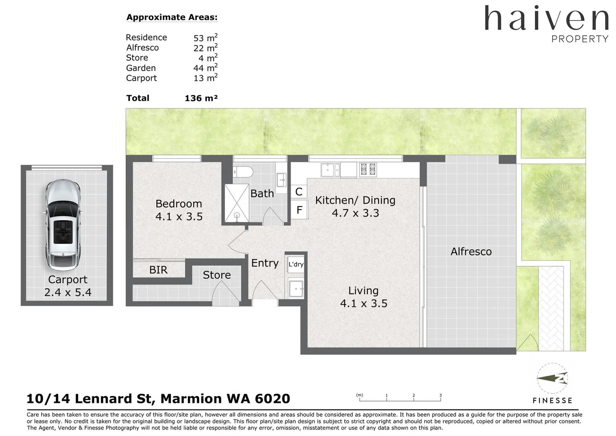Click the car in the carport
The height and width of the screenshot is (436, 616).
(x=63, y=225)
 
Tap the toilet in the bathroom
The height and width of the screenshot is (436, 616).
(x=243, y=172)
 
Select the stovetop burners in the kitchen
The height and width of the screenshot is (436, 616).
(x=368, y=170)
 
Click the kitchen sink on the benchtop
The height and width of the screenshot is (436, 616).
(x=330, y=170)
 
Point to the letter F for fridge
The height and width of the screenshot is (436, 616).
(x=300, y=210)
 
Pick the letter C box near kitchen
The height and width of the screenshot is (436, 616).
(x=299, y=192)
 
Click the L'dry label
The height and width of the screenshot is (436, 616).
(x=296, y=264)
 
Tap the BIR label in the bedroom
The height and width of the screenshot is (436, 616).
(x=158, y=270)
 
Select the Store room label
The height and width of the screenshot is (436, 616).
(x=217, y=275)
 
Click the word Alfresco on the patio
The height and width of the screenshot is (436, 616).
(x=471, y=252)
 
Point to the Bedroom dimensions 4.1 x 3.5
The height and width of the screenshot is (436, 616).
(x=179, y=216)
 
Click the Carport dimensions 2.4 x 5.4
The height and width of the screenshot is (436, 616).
(x=68, y=292)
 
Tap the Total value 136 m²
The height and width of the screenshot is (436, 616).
(x=201, y=98)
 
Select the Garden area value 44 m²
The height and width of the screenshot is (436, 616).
(x=206, y=67)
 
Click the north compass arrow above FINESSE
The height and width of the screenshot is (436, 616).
(x=552, y=378)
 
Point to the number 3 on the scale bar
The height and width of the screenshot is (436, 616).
(x=441, y=395)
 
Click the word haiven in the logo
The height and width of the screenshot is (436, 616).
(x=546, y=18)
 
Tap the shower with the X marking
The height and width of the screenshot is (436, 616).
(x=237, y=203)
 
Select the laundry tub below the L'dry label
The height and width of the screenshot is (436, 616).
(x=296, y=288)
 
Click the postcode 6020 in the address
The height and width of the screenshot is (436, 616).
(x=273, y=398)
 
